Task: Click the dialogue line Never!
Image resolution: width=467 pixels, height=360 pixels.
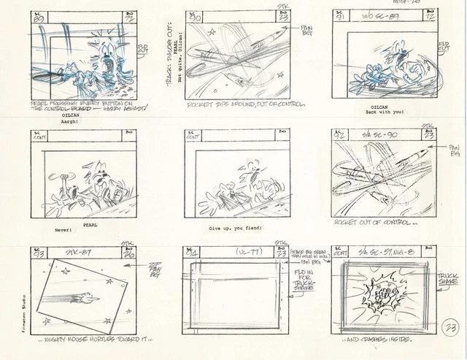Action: (x=65, y=230)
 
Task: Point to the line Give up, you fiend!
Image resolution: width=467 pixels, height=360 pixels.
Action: (x=236, y=229)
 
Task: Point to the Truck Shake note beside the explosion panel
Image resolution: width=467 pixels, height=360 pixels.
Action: (x=447, y=280)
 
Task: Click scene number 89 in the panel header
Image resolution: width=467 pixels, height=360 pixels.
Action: (x=39, y=16)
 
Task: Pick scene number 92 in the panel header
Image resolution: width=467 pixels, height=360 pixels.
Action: (x=339, y=136)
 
